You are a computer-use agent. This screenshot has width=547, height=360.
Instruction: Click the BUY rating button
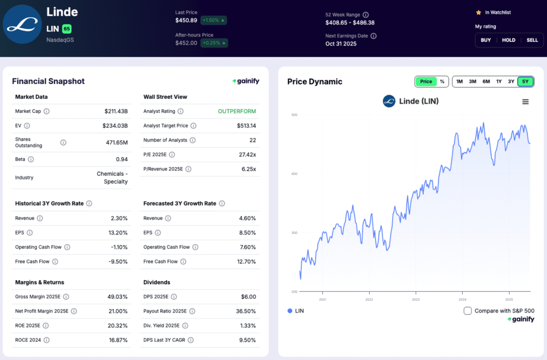pos(486,40)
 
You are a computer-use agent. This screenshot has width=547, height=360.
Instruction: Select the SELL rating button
pos(532,40)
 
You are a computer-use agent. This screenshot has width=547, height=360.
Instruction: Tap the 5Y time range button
pos(525,82)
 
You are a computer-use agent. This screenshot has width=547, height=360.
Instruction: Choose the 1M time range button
pos(459,82)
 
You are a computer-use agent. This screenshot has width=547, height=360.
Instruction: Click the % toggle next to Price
pos(442,82)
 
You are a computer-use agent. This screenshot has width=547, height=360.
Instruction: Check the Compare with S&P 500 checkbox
pos(467,311)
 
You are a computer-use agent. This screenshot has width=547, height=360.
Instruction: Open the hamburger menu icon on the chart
pos(525,101)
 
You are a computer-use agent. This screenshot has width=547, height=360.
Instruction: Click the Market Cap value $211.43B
pos(116,112)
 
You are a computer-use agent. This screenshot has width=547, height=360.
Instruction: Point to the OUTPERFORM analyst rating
pos(237,112)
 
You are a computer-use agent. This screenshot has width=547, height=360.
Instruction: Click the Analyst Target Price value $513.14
pos(246,126)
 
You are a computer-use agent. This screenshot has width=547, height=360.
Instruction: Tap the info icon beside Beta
pos(30,159)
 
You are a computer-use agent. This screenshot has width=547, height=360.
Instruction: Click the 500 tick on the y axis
pos(294,115)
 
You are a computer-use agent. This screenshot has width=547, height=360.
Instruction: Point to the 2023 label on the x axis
pos(416,300)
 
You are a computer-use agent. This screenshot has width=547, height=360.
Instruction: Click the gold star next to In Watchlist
pos(479,12)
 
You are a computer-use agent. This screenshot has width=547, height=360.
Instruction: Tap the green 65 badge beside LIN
pos(66,29)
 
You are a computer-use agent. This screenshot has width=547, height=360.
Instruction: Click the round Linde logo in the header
pos(21,25)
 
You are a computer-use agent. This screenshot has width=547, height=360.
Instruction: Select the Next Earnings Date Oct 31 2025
pos(341,44)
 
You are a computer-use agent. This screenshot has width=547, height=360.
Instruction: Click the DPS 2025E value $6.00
pos(248,297)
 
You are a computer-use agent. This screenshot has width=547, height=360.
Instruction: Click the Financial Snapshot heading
pos(48,81)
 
